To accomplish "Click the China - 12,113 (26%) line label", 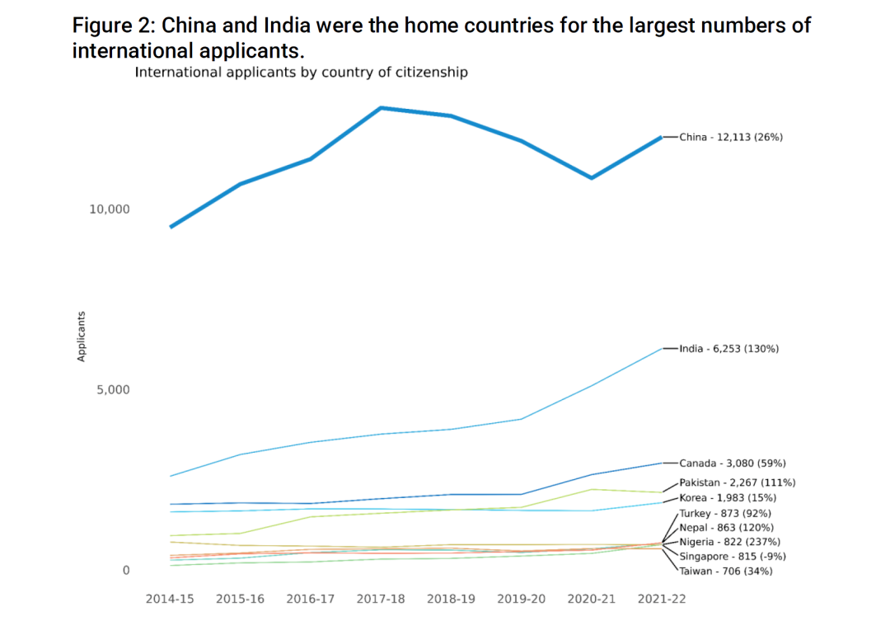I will pyautogui.click(x=731, y=137).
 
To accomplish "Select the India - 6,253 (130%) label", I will pyautogui.click(x=728, y=349).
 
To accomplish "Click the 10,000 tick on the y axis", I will pyautogui.click(x=110, y=209).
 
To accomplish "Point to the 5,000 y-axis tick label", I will pyautogui.click(x=114, y=389).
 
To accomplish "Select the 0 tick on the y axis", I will pyautogui.click(x=126, y=571).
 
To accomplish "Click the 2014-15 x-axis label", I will pyautogui.click(x=170, y=599).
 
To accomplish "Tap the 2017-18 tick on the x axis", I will pyautogui.click(x=381, y=599).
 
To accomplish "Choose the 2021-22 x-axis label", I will pyautogui.click(x=662, y=599).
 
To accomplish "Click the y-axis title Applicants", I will pyautogui.click(x=82, y=336).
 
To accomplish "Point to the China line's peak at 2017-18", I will pyautogui.click(x=381, y=108).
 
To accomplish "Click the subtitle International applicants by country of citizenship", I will pyautogui.click(x=301, y=73).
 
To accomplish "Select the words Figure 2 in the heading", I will pyautogui.click(x=110, y=25).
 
